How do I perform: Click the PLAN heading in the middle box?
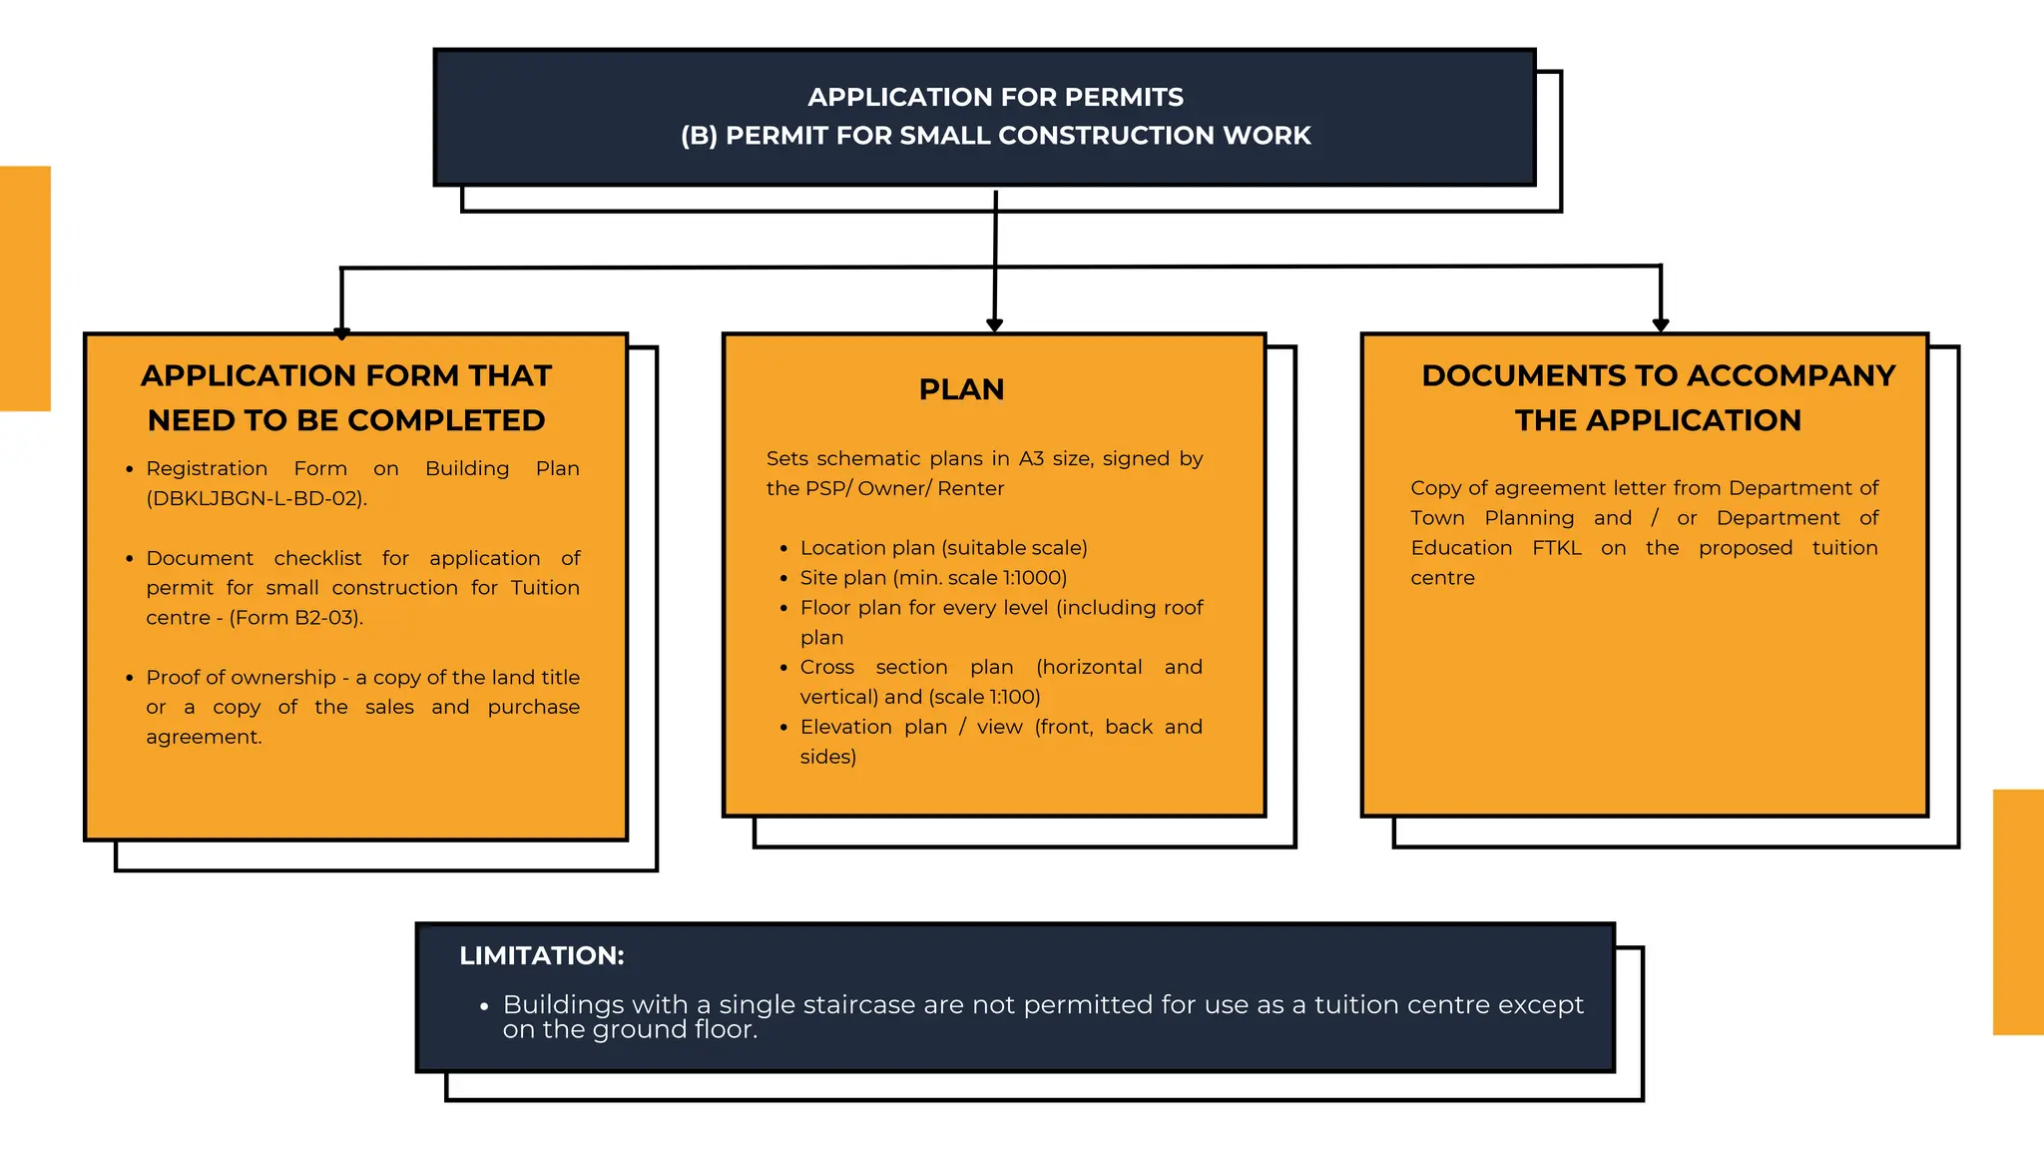point(961,389)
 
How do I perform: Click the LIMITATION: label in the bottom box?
point(541,955)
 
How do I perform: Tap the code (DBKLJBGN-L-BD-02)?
point(256,498)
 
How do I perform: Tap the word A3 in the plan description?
point(1031,459)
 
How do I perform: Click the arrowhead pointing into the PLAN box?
point(994,324)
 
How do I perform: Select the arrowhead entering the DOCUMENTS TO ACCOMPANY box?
point(1661,324)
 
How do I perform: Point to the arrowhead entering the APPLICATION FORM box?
point(342,333)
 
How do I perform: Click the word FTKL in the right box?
point(1557,548)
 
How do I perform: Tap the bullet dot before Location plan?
point(784,549)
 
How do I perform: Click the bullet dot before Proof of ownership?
point(130,679)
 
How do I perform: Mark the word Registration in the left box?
point(207,468)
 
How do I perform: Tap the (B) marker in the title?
point(699,136)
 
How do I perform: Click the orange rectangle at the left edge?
point(25,288)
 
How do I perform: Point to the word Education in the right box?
point(1461,548)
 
